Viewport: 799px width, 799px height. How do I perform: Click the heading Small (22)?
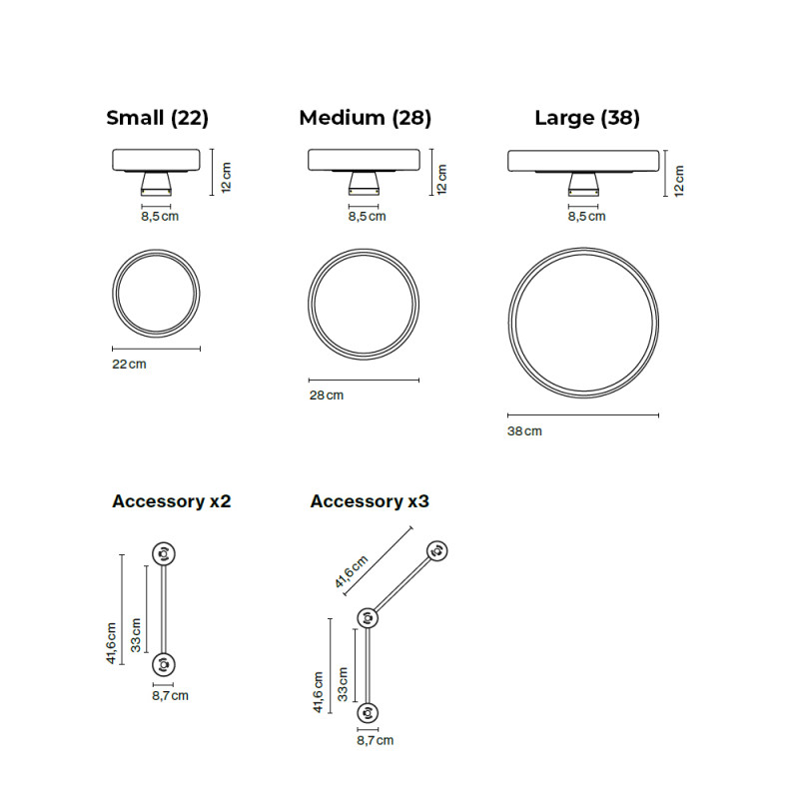pyautogui.click(x=157, y=118)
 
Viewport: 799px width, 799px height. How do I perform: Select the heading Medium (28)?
pyautogui.click(x=365, y=118)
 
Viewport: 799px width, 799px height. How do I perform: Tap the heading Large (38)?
pyautogui.click(x=586, y=118)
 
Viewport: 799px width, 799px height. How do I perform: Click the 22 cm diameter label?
pyautogui.click(x=129, y=365)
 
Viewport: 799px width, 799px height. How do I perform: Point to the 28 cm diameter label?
pyautogui.click(x=326, y=396)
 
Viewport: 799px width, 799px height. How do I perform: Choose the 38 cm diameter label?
pyautogui.click(x=524, y=430)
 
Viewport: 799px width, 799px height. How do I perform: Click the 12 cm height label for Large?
pyautogui.click(x=679, y=180)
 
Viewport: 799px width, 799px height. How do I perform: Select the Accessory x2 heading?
pyautogui.click(x=171, y=501)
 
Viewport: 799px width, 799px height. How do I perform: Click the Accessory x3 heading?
pyautogui.click(x=369, y=501)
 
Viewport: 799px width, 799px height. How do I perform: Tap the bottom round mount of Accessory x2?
pyautogui.click(x=163, y=663)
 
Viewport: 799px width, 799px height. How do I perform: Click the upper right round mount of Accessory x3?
pyautogui.click(x=436, y=550)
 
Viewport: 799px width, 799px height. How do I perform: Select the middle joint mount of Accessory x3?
pyautogui.click(x=366, y=618)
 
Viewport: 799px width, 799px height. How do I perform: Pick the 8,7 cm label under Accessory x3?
pyautogui.click(x=375, y=740)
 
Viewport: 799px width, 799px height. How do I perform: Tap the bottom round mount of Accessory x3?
pyautogui.click(x=372, y=712)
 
